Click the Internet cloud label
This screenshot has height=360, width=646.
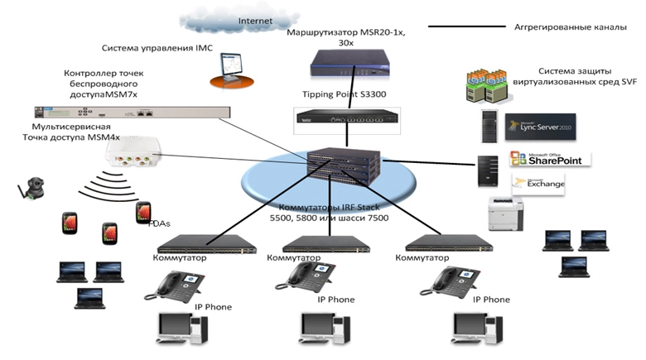(x=255, y=20)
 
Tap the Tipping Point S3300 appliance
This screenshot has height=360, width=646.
(x=341, y=117)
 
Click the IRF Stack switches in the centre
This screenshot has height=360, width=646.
(x=336, y=165)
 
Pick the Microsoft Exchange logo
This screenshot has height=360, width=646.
(x=538, y=183)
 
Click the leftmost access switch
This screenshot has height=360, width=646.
(x=194, y=243)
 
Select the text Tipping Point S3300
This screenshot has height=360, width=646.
(x=342, y=94)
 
